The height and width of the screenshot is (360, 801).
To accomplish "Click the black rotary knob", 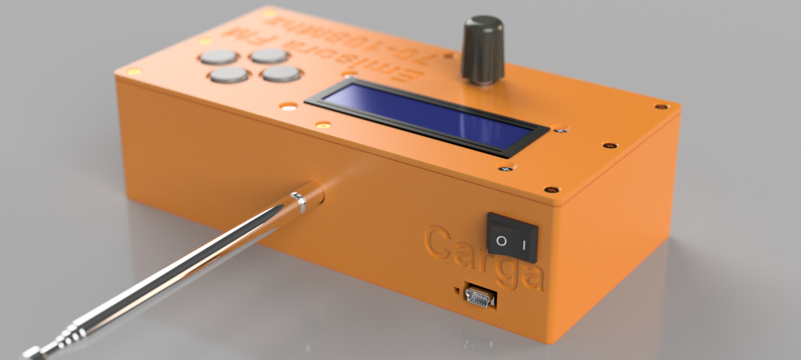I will tap(483, 50).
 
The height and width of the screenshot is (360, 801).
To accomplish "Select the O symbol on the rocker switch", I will tap(501, 241).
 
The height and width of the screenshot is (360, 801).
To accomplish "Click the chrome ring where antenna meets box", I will tap(298, 202).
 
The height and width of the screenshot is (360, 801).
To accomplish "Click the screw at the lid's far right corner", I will tap(661, 107).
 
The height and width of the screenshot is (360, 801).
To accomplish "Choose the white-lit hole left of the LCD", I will tap(288, 106).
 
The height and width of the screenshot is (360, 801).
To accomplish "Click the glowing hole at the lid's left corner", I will tap(134, 71).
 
